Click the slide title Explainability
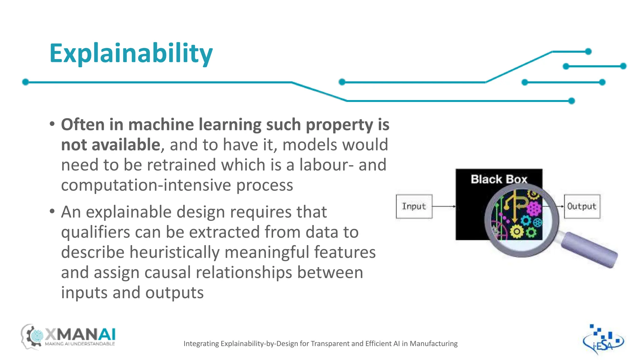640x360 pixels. pos(131,53)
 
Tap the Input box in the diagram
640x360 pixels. pos(414,206)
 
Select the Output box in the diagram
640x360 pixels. pos(582,206)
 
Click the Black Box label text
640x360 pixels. pos(499,179)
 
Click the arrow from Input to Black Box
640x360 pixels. pos(444,207)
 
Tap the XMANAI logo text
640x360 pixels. pos(81,335)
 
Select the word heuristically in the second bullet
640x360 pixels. pos(174,252)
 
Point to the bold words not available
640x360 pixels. pos(111,145)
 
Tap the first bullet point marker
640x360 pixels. pos(52,124)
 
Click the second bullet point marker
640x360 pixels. pos(52,212)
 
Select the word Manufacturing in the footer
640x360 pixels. pos(433,344)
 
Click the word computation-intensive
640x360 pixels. pos(146,185)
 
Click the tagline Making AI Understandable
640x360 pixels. pos(80,344)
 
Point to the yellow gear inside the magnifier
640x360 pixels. pos(517,232)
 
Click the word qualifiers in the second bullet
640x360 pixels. pos(95,232)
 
